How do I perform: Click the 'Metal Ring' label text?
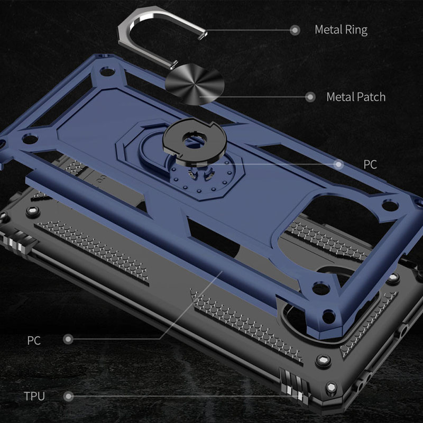(341, 30)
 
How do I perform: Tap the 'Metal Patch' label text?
(356, 97)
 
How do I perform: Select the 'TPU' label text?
(34, 396)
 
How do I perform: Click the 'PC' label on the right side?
(370, 164)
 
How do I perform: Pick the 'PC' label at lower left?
(34, 341)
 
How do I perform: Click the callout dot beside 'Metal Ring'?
(295, 30)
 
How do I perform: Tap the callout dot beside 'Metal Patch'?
(310, 97)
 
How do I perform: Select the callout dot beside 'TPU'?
(69, 396)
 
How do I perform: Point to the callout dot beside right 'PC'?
(338, 164)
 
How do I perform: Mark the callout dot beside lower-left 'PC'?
(68, 339)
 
